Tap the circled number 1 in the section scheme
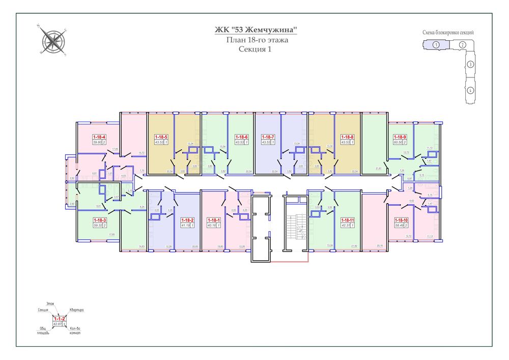pos(436,45)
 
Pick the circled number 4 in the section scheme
pos(471,91)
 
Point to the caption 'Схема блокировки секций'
pos(448,33)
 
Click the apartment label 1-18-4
pos(99,137)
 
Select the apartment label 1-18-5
pos(161,137)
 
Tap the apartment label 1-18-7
pos(268,137)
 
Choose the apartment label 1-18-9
pos(400,137)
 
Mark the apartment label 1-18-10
pos(401,219)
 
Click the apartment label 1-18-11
pos(347,219)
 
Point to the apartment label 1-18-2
pos(187,219)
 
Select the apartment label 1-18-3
pos(99,219)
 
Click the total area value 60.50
pos(397,142)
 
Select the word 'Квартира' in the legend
pos(77,310)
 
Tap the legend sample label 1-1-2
pos(60,318)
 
